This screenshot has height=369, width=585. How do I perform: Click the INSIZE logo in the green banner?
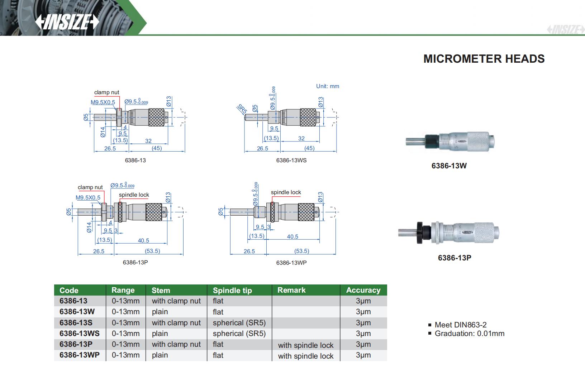coord(67,22)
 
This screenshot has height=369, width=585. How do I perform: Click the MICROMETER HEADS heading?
coord(484,59)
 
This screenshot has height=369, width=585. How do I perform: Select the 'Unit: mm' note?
coord(327,86)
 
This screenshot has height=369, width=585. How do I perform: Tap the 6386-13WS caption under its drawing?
coord(291,160)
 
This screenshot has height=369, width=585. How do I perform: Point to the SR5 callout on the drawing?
coord(242,109)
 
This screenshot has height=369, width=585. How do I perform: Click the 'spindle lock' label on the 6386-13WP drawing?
coord(286,192)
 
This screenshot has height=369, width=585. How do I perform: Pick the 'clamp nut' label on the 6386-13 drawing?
coord(106,92)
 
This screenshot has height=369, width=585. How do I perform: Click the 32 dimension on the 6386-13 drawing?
coord(148,141)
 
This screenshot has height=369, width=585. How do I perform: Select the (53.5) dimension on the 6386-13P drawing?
coord(152,251)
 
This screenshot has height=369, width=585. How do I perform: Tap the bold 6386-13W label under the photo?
coord(449,166)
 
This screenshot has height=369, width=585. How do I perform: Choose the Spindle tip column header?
coord(232,290)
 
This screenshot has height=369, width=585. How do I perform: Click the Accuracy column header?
coord(363,290)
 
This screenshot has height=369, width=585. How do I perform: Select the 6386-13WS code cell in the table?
coord(79,334)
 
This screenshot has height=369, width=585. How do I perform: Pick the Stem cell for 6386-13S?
coord(176,323)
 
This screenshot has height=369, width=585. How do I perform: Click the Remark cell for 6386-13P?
coord(305,345)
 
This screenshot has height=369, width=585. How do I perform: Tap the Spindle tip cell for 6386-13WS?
coord(239,334)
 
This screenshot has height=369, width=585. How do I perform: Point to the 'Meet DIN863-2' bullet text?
coord(460,325)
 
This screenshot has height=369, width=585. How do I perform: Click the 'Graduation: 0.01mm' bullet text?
coord(469,334)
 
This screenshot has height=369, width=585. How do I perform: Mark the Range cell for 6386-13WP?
coord(125,355)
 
